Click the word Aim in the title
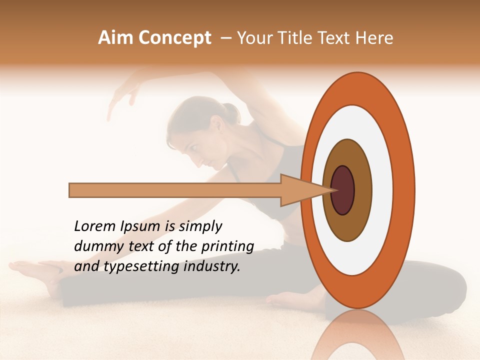point(116,38)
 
